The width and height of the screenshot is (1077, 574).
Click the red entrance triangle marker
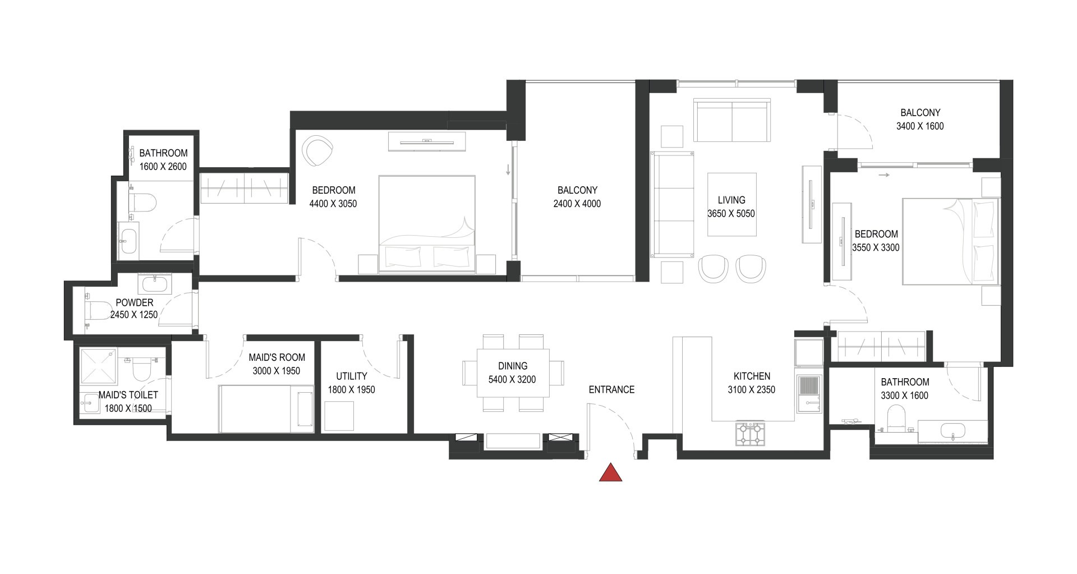pyautogui.click(x=611, y=473)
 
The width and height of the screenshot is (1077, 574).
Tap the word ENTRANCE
pyautogui.click(x=611, y=389)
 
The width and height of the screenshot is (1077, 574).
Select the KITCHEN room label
pyautogui.click(x=752, y=376)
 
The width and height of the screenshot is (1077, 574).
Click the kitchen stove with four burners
pyautogui.click(x=750, y=434)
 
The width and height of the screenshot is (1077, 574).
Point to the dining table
pyautogui.click(x=513, y=373)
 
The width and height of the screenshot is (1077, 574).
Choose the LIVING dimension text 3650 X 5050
pyautogui.click(x=731, y=214)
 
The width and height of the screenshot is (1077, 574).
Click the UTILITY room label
pyautogui.click(x=352, y=376)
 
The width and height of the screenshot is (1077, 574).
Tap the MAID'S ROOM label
pyautogui.click(x=277, y=357)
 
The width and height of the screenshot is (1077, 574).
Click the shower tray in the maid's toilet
pyautogui.click(x=98, y=365)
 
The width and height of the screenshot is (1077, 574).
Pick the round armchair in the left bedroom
pyautogui.click(x=317, y=151)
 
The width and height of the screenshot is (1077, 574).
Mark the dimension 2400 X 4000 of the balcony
pyautogui.click(x=577, y=204)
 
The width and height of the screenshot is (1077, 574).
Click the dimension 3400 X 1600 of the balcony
pyautogui.click(x=920, y=126)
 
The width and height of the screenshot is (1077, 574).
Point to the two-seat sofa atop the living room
pyautogui.click(x=731, y=121)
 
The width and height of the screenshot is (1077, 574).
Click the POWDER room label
pyautogui.click(x=134, y=302)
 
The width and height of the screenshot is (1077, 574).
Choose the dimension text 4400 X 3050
pyautogui.click(x=333, y=204)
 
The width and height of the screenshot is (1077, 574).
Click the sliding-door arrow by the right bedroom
pyautogui.click(x=884, y=175)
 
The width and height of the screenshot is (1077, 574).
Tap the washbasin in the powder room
pyautogui.click(x=153, y=284)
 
